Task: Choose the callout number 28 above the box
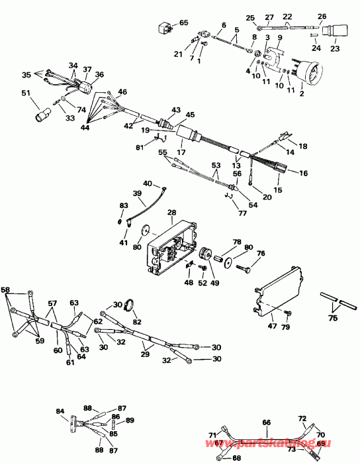pyautogui.click(x=171, y=213)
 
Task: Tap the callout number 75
pyautogui.click(x=333, y=318)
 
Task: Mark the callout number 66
pyautogui.click(x=267, y=421)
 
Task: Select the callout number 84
pyautogui.click(x=60, y=411)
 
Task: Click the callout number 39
pyautogui.click(x=138, y=193)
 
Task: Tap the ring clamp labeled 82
pyautogui.click(x=130, y=306)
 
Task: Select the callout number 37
pyautogui.click(x=87, y=70)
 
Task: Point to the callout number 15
pyautogui.click(x=277, y=190)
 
